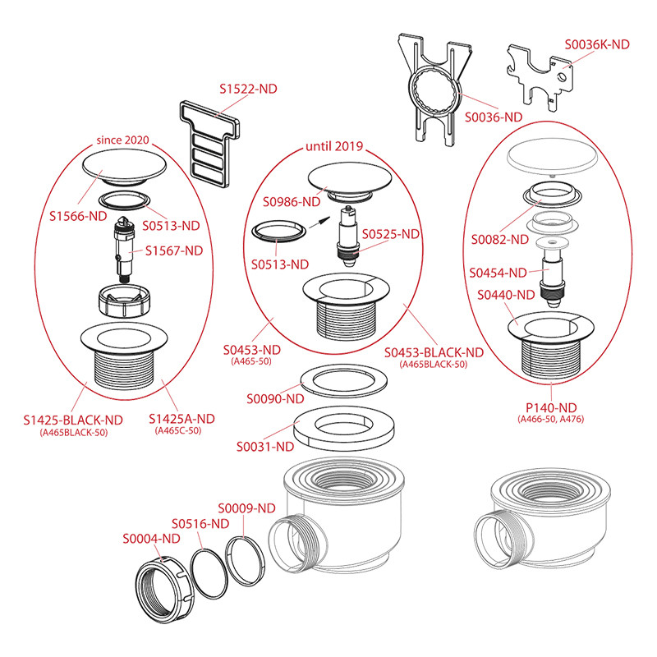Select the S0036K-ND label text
pyautogui.click(x=596, y=44)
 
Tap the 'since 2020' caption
pyautogui.click(x=122, y=140)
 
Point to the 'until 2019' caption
pyautogui.click(x=334, y=149)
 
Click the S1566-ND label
pyautogui.click(x=76, y=217)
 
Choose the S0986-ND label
pyautogui.click(x=292, y=201)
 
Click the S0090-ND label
pyautogui.click(x=276, y=399)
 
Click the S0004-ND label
pyautogui.click(x=151, y=539)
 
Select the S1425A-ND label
pyautogui.click(x=181, y=419)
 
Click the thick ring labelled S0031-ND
pyautogui.click(x=345, y=426)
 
